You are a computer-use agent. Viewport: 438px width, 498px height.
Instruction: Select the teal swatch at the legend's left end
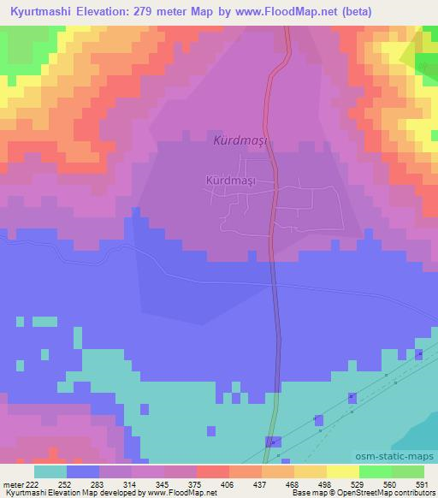coord(50,471)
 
